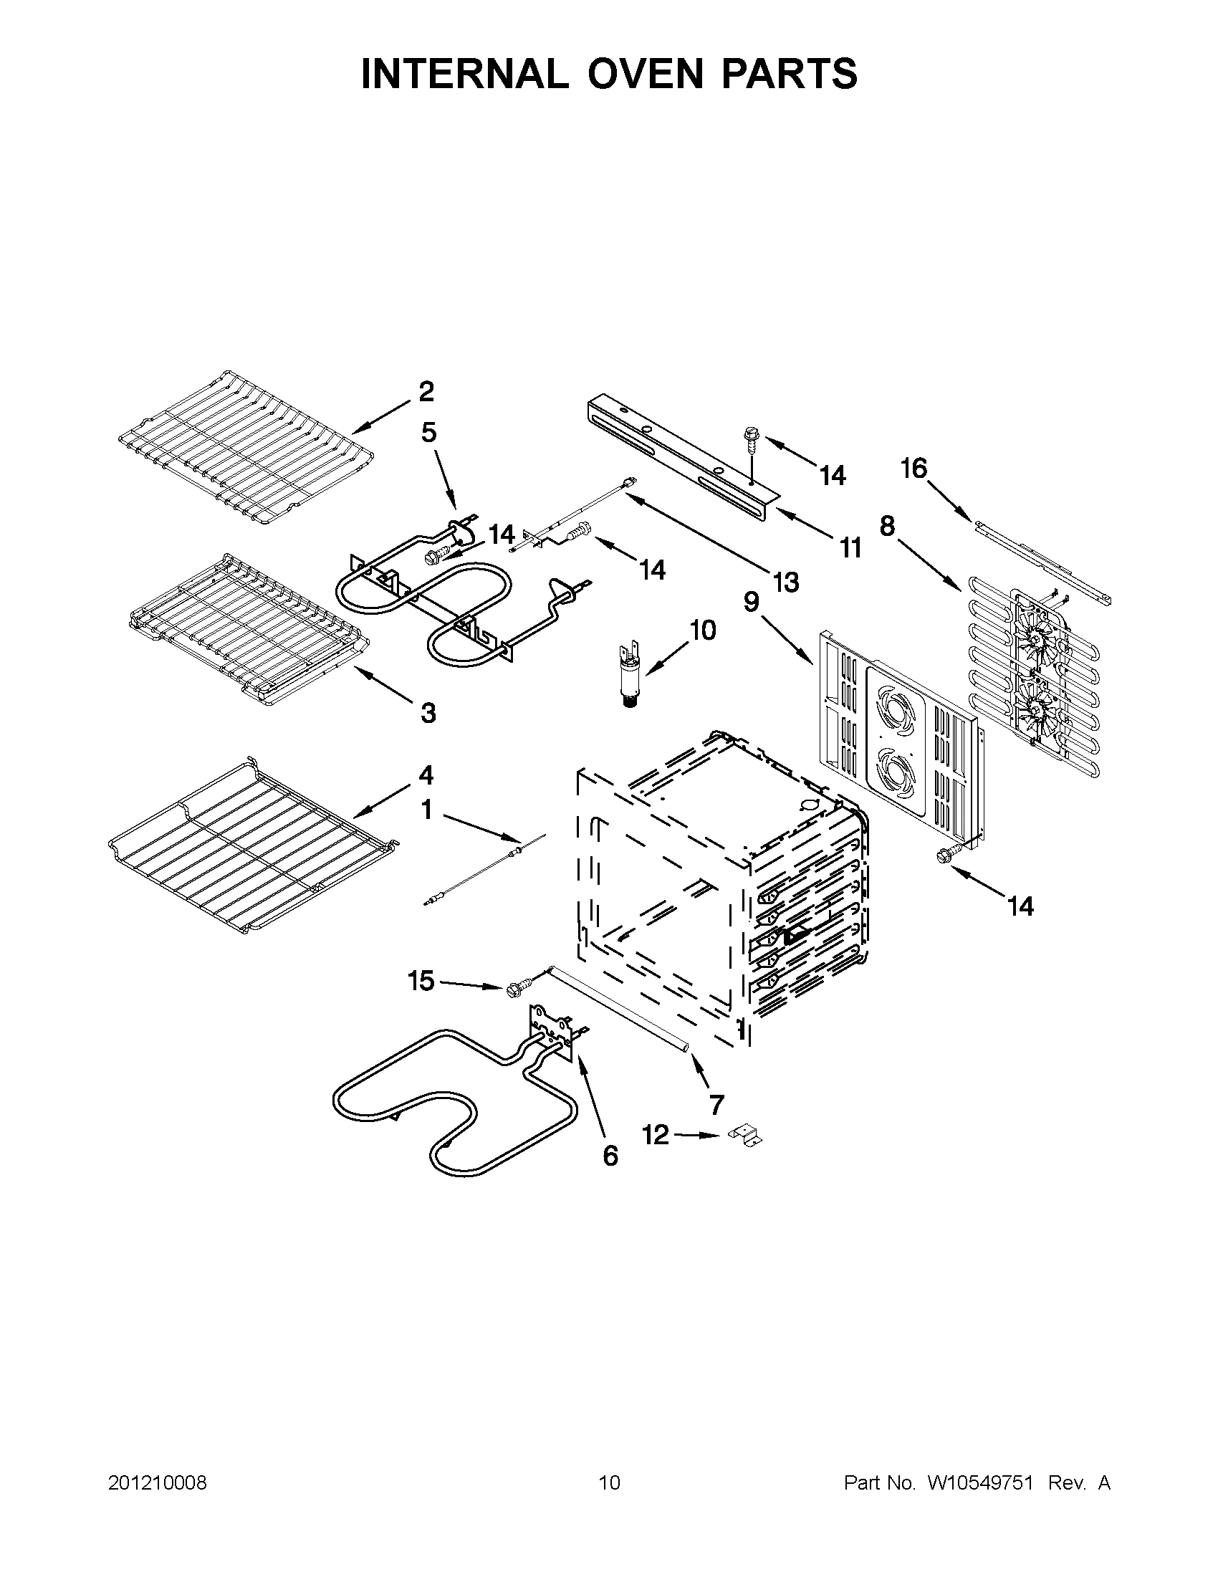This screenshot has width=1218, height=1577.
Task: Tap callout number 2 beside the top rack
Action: [x=426, y=392]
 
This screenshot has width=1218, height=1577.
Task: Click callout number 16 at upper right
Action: [x=913, y=469]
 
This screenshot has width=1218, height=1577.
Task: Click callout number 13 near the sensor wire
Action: [x=785, y=581]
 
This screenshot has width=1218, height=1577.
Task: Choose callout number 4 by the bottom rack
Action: [x=426, y=775]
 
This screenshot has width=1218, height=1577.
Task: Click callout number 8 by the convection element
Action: [x=886, y=527]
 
